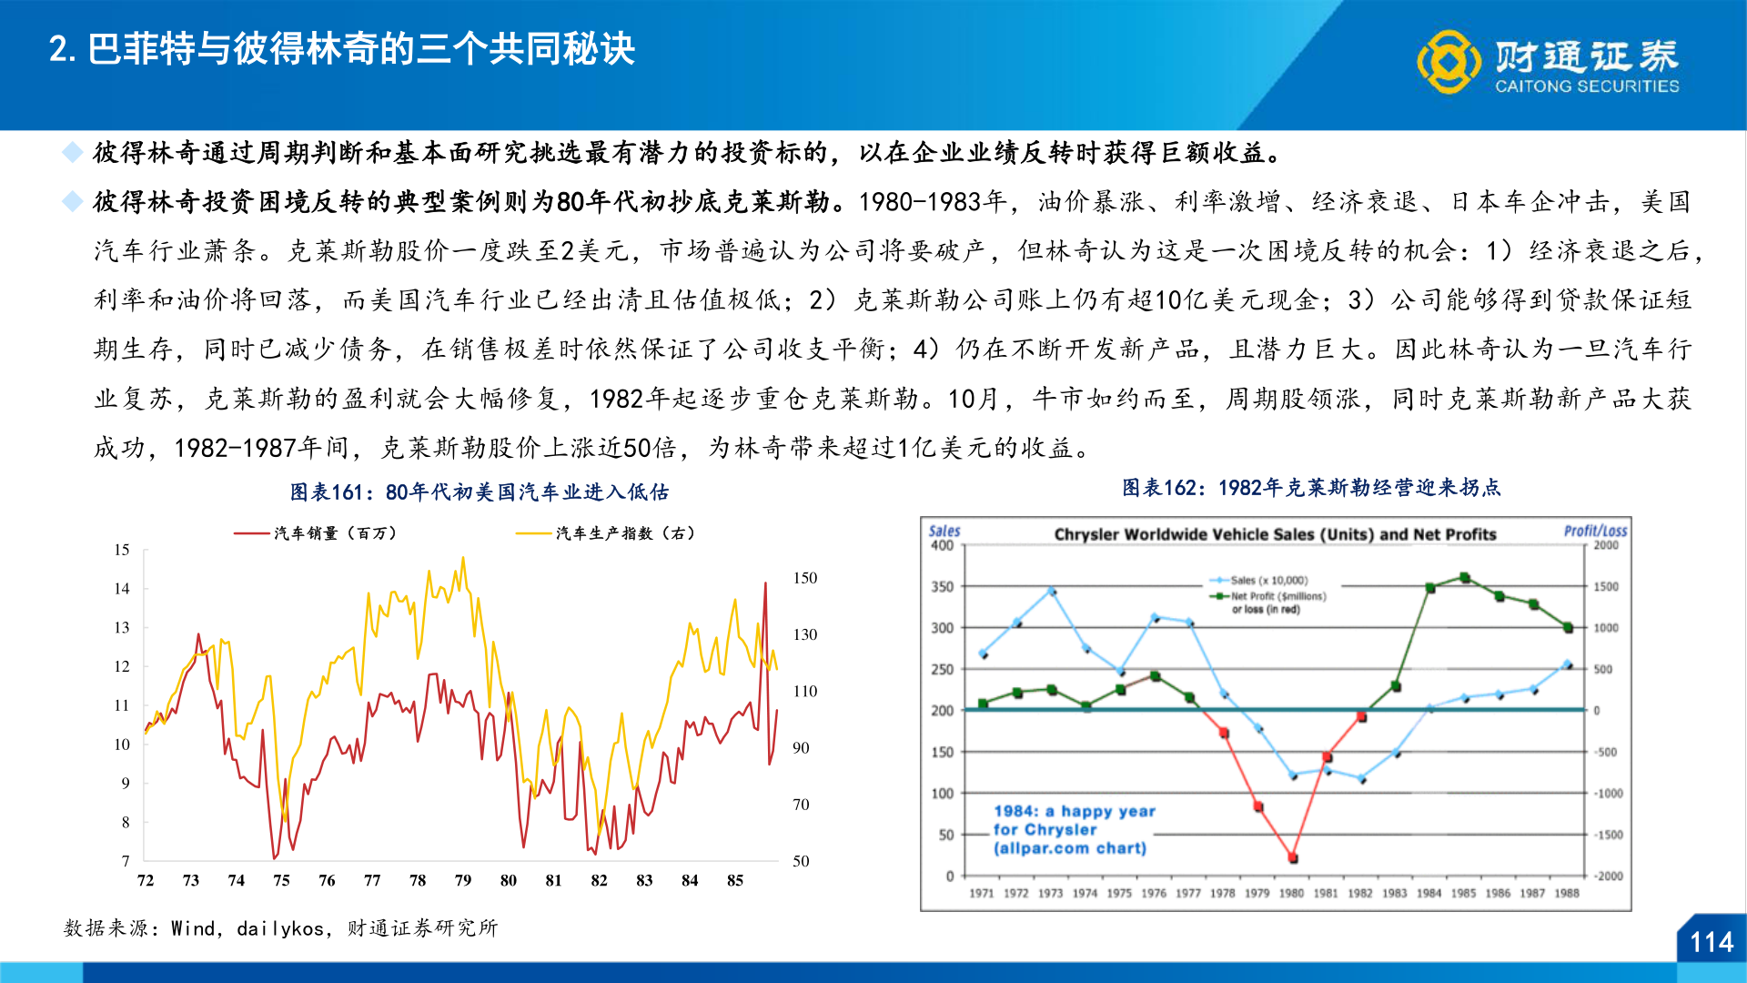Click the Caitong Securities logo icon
pos(1449,62)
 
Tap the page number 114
pos(1711,942)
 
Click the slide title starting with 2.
pos(342,49)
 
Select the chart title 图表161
pos(479,492)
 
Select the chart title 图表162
pos(1310,488)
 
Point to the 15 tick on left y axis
pos(122,550)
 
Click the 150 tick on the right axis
pos(804,578)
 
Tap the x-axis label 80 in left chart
pos(508,880)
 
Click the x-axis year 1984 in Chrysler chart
pos(1429,893)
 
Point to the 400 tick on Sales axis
pos(942,546)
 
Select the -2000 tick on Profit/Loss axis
pos(1606,876)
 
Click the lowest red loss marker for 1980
pos(1293,857)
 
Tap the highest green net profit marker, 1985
pos(1464,578)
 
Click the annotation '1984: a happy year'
pos(1074,811)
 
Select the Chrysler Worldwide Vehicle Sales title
pos(1274,534)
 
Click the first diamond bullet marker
pos(72,153)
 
